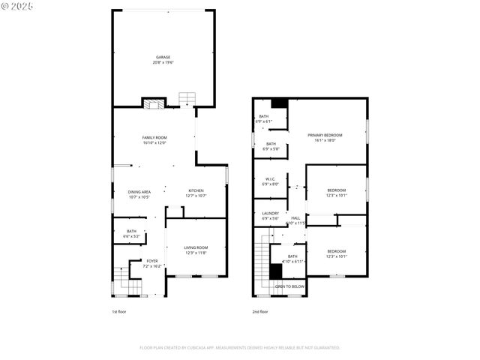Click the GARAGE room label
(x=163, y=57)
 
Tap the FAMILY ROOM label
(x=154, y=138)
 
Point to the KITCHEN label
(x=196, y=192)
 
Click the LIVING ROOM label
(x=196, y=247)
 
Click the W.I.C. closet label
(x=271, y=179)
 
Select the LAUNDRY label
(x=270, y=214)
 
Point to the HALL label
(x=295, y=217)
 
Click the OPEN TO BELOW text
(x=289, y=286)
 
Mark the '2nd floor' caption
(x=260, y=312)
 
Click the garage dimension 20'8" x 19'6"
(x=163, y=62)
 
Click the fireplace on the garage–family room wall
(x=153, y=103)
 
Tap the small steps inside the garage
(x=187, y=99)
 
